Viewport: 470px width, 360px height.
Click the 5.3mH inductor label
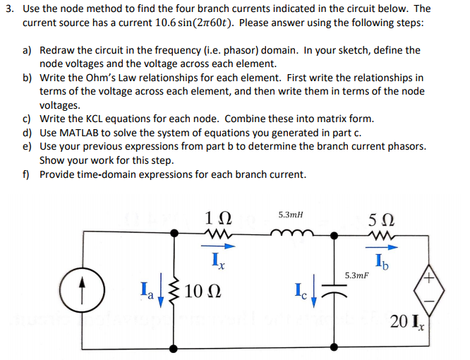(x=292, y=213)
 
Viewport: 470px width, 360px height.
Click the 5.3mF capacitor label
(x=358, y=274)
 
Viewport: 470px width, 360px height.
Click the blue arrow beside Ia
(x=159, y=289)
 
